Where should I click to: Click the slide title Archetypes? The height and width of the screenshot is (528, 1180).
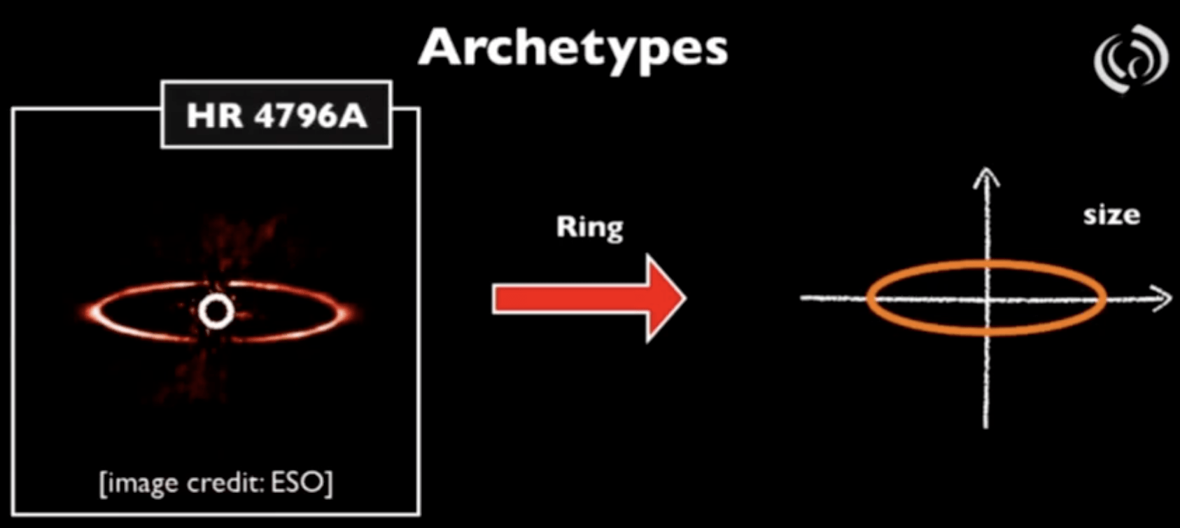[573, 48]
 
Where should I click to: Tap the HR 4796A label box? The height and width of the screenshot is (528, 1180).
[276, 115]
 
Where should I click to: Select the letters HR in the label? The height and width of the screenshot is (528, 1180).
[214, 116]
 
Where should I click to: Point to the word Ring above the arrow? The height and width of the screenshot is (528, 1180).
[589, 228]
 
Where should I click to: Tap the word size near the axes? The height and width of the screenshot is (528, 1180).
[1111, 215]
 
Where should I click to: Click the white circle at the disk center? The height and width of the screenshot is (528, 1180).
[216, 312]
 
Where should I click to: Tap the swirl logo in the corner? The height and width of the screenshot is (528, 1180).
[1130, 59]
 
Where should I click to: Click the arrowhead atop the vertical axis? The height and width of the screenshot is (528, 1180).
[985, 175]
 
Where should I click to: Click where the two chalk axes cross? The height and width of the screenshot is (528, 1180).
[987, 299]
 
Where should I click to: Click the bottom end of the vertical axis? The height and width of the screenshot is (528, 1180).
[985, 424]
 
